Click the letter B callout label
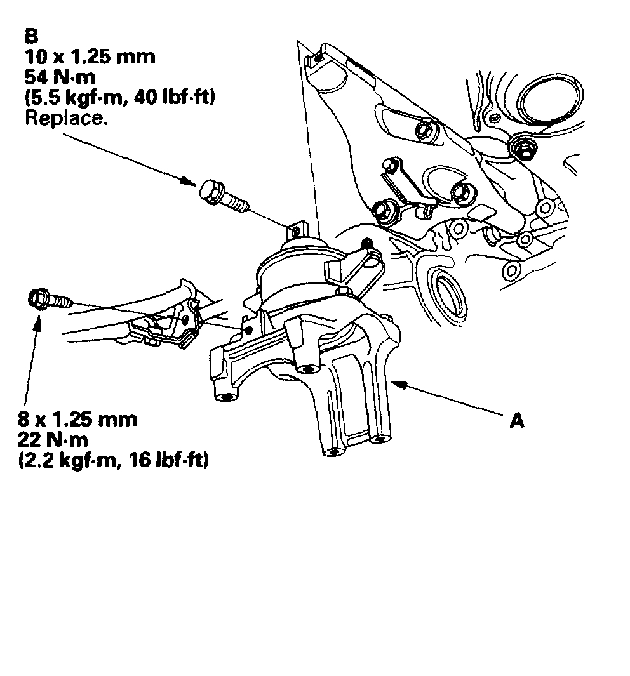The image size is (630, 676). click(30, 35)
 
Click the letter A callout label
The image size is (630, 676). click(518, 421)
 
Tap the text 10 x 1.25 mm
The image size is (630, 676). click(90, 57)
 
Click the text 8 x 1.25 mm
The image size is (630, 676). click(78, 420)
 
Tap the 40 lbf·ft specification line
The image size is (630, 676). click(119, 98)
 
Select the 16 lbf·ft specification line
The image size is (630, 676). click(114, 461)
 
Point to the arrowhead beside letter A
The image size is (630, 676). click(399, 383)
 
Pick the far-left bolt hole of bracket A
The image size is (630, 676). click(224, 398)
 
